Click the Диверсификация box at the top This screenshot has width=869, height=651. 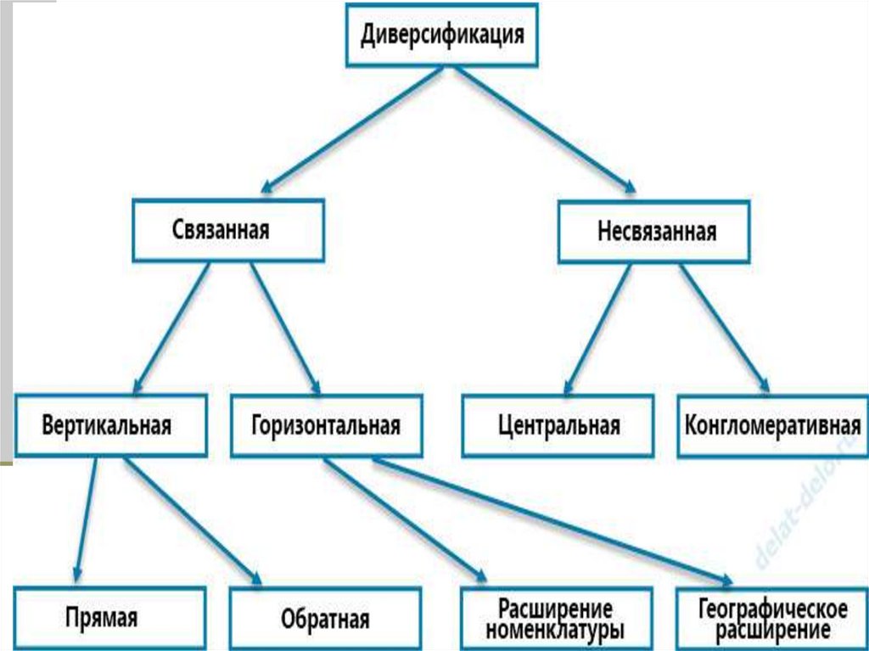(x=441, y=36)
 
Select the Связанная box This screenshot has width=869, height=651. (x=227, y=229)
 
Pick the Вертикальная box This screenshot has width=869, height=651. (x=109, y=424)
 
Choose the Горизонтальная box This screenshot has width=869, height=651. (x=326, y=424)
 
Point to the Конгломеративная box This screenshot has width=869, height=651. (x=772, y=424)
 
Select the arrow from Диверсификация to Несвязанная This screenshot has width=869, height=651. (x=543, y=127)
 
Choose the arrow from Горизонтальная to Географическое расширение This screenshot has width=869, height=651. (x=552, y=519)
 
